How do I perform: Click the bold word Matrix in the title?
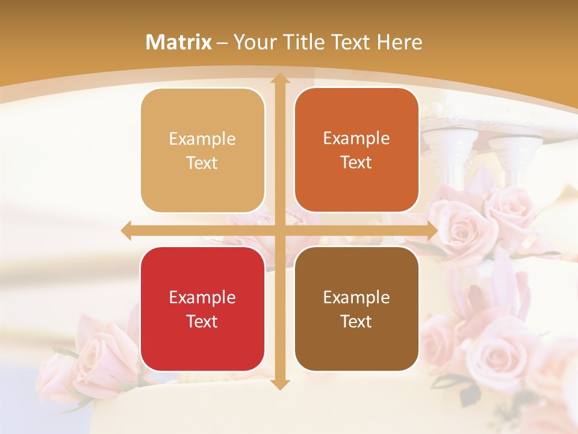pos(179,42)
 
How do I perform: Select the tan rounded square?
pos(202,151)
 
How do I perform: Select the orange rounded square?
pos(356,150)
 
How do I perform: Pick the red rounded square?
pos(202,309)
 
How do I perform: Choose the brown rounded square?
pos(356,309)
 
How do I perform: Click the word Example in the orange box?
pos(356,138)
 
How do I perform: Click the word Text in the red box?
pos(202,321)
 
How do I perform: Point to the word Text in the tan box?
pos(202,163)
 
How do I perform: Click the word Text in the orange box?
pos(356,162)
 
